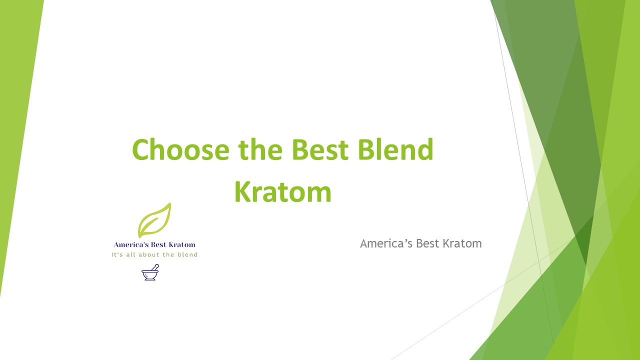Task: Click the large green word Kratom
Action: coord(283,192)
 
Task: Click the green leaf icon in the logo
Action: coord(154,220)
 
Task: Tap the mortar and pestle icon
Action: coord(150,272)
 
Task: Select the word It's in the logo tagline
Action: coord(116,254)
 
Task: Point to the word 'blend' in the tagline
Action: coord(188,254)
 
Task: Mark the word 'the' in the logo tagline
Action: coord(169,254)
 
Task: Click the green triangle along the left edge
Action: coord(15,125)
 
